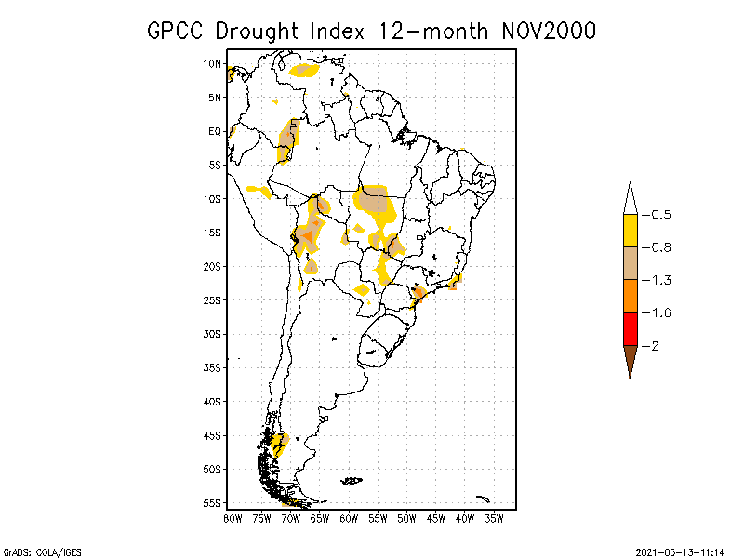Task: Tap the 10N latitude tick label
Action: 213,64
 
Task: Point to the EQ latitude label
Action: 215,131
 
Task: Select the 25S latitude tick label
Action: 213,300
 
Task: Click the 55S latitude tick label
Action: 213,503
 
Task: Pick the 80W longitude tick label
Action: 232,517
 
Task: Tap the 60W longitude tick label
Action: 349,517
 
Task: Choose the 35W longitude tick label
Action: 494,517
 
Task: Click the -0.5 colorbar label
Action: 658,215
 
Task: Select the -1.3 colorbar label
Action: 658,280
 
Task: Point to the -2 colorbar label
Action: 654,346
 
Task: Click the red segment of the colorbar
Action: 631,328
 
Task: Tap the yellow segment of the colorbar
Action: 631,231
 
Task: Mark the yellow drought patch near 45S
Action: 278,442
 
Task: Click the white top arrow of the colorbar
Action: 631,200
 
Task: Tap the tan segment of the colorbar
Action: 631,263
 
